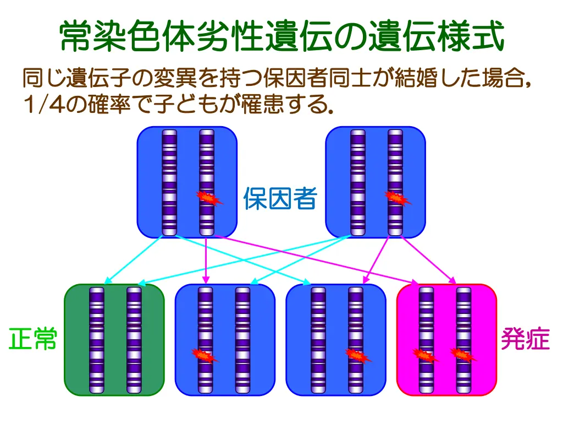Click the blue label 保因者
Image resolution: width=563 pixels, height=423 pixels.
click(x=280, y=198)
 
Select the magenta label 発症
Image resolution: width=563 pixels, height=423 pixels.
click(x=525, y=339)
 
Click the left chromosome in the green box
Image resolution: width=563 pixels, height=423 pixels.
click(x=97, y=340)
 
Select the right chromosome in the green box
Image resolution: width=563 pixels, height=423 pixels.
click(x=134, y=340)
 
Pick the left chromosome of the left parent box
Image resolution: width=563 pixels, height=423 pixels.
click(x=169, y=182)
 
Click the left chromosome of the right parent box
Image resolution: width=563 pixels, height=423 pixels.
click(x=358, y=182)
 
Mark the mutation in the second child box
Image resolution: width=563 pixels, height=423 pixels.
click(x=205, y=355)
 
